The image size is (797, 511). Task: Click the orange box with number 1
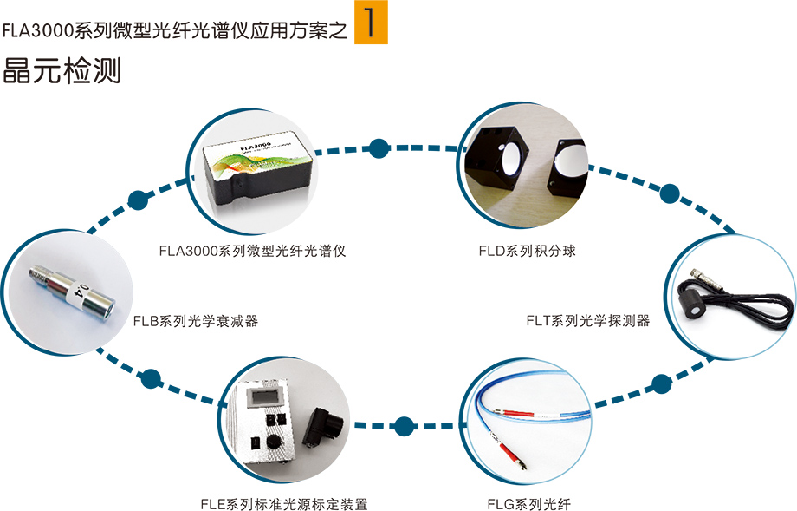371,26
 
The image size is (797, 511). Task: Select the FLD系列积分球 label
527,251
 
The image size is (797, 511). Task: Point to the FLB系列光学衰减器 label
196,320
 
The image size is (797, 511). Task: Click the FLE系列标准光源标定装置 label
283,503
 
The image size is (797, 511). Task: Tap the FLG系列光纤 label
528,503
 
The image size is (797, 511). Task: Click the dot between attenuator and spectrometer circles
137,200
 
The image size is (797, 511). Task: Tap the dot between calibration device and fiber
404,426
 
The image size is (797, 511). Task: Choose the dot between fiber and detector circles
661,382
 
